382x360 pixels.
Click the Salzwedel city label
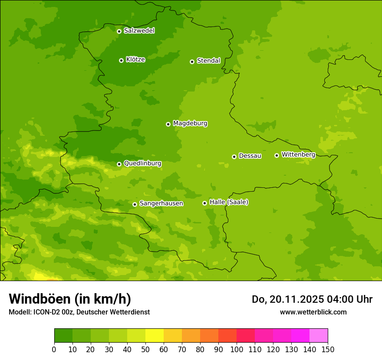(139, 31)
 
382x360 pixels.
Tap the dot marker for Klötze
(121, 60)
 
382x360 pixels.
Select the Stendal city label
(208, 61)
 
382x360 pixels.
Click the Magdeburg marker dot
(168, 124)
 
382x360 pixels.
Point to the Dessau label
(250, 156)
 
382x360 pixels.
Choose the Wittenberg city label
(298, 154)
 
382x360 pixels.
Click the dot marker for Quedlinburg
(119, 164)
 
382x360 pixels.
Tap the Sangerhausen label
(161, 203)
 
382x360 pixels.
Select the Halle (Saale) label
(229, 202)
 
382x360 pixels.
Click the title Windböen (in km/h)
(70, 299)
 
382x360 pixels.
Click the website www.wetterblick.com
(313, 312)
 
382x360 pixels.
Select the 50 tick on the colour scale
(145, 349)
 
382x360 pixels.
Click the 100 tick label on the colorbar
(237, 349)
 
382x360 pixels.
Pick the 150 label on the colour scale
(328, 349)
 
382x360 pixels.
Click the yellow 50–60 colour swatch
(155, 336)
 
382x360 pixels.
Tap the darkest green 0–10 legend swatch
(63, 336)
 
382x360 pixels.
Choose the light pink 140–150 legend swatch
(319, 336)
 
